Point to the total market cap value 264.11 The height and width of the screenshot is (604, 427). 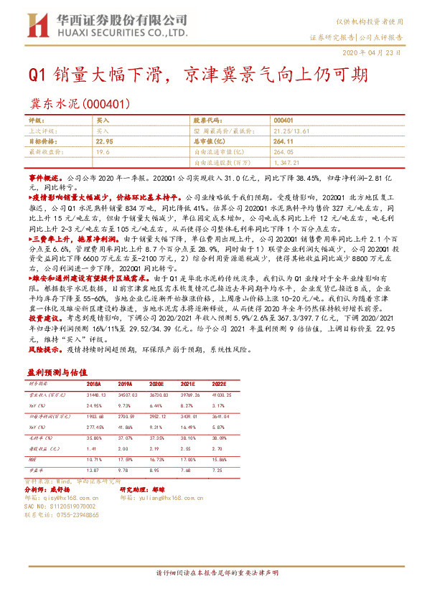286,142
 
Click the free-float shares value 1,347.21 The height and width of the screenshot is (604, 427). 290,163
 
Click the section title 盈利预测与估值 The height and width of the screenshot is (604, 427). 57,372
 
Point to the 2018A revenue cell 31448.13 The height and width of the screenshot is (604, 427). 96,395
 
